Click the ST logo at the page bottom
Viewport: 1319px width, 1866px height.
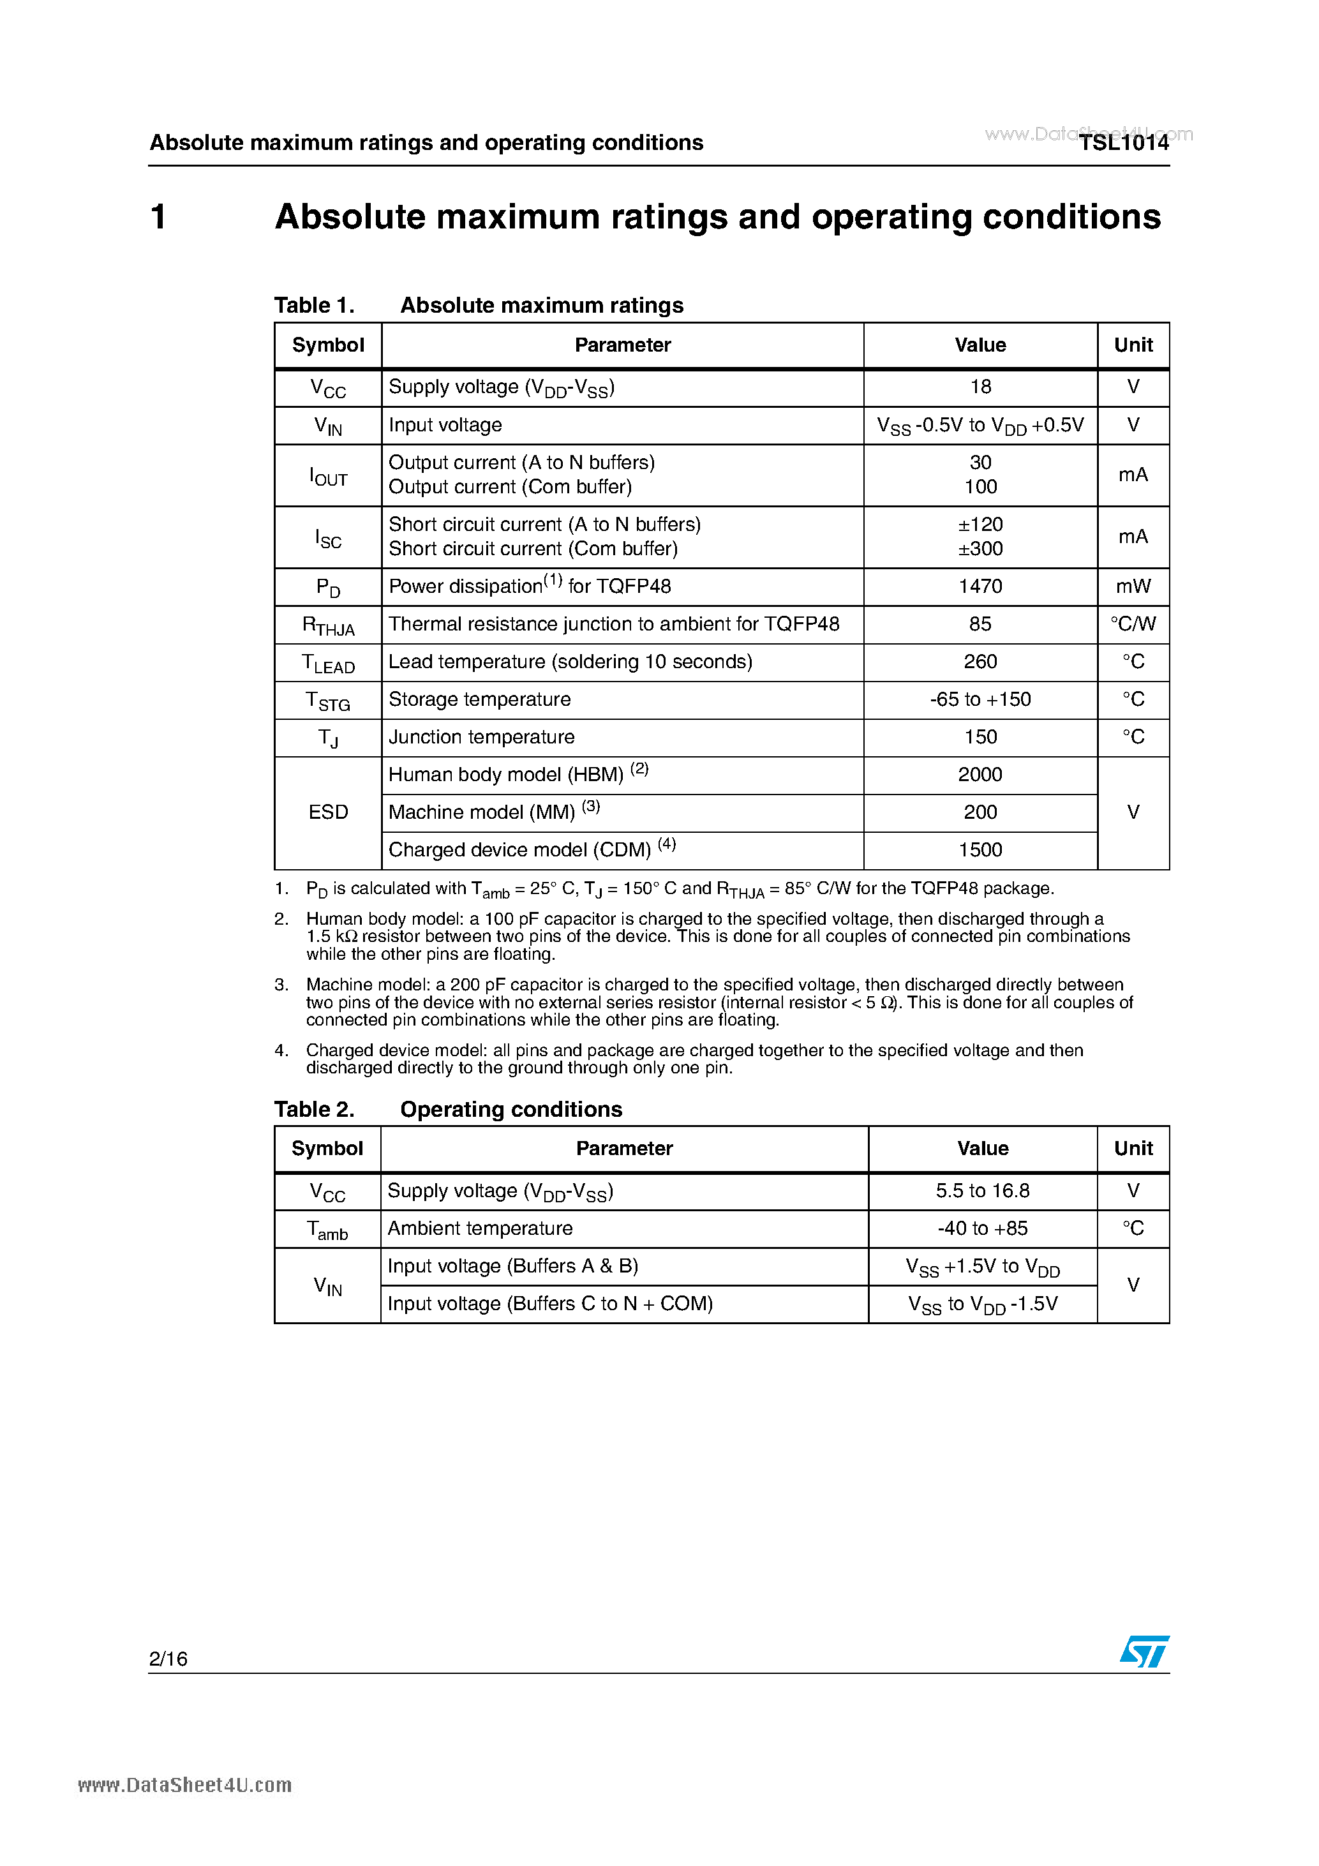[1144, 1652]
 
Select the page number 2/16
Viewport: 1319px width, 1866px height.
[168, 1659]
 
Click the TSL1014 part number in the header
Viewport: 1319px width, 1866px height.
[1123, 143]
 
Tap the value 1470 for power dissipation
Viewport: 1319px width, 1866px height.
[980, 586]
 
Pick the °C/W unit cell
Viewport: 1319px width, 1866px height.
[1133, 624]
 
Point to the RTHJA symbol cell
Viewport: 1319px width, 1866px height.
[329, 625]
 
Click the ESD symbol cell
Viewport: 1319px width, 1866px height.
[329, 812]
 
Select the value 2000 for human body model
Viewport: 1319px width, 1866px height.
[980, 775]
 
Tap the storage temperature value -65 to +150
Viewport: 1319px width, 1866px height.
[980, 699]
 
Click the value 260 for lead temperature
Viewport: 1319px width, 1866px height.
[980, 662]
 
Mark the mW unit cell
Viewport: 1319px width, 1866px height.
[1133, 586]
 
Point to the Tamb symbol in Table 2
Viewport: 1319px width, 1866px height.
[327, 1229]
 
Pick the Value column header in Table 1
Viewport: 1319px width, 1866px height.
[980, 345]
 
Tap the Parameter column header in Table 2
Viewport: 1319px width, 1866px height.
[624, 1148]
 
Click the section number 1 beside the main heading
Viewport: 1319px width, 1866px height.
[160, 217]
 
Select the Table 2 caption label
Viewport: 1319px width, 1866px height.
[314, 1109]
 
